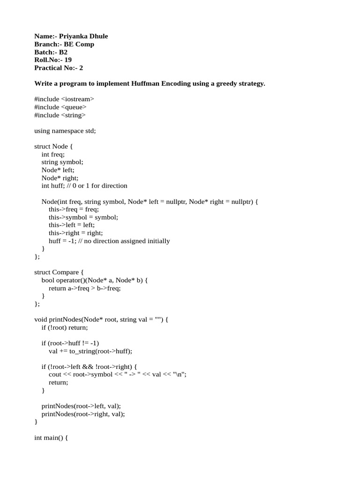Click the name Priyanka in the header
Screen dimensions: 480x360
point(73,36)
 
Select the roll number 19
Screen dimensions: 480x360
point(68,60)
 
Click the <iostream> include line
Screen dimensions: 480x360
point(64,99)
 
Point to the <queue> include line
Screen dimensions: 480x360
point(60,107)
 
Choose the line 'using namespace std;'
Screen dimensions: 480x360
point(65,131)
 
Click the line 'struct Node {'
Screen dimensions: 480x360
point(54,146)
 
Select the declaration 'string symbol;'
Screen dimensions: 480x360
point(62,162)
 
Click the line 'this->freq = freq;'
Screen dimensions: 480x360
point(74,210)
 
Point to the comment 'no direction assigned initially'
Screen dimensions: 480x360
point(127,241)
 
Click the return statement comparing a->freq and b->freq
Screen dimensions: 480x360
point(84,288)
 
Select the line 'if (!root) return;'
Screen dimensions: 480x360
point(65,328)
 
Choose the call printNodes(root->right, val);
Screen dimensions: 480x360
point(83,414)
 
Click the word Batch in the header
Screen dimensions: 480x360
point(44,52)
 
